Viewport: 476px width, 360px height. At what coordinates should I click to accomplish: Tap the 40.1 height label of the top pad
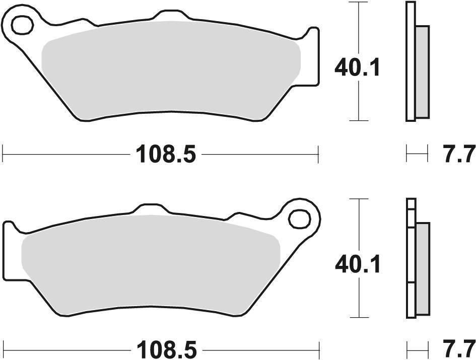pyautogui.click(x=358, y=67)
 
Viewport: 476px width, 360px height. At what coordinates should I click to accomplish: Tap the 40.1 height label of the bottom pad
pyautogui.click(x=358, y=263)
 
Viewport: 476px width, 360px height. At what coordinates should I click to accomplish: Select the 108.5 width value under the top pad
pyautogui.click(x=164, y=154)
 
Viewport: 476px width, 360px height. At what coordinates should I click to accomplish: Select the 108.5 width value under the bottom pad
pyautogui.click(x=164, y=349)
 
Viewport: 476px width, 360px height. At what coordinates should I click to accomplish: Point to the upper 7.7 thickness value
pyautogui.click(x=459, y=154)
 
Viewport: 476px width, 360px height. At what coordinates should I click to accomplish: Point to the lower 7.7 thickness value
pyautogui.click(x=459, y=349)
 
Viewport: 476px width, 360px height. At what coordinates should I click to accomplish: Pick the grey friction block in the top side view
pyautogui.click(x=422, y=70)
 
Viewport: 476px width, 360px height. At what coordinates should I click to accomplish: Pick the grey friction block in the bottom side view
pyautogui.click(x=422, y=267)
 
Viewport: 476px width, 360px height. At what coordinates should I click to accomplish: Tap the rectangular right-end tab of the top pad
pyautogui.click(x=313, y=55)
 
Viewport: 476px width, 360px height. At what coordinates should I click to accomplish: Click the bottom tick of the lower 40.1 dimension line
pyautogui.click(x=358, y=317)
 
